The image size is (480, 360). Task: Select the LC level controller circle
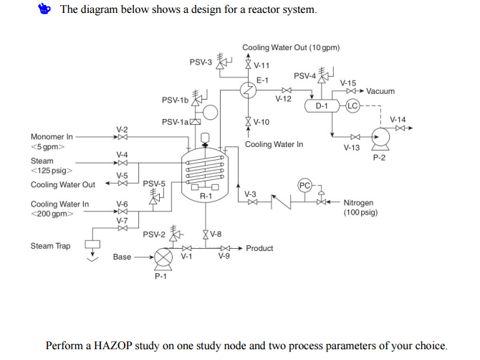tap(352, 106)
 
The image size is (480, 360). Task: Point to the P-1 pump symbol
tap(164, 257)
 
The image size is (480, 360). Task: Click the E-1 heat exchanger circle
tap(247, 89)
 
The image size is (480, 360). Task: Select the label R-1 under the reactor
tap(206, 196)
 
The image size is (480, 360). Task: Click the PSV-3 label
tap(201, 62)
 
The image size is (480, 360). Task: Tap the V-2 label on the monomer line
tap(123, 128)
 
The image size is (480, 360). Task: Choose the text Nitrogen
tap(358, 203)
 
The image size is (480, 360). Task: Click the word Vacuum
tap(380, 92)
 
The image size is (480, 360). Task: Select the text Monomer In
tap(52, 136)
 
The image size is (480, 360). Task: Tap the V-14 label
tap(398, 119)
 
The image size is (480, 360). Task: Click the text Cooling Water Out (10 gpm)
tap(290, 48)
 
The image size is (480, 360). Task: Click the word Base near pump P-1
tap(123, 257)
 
